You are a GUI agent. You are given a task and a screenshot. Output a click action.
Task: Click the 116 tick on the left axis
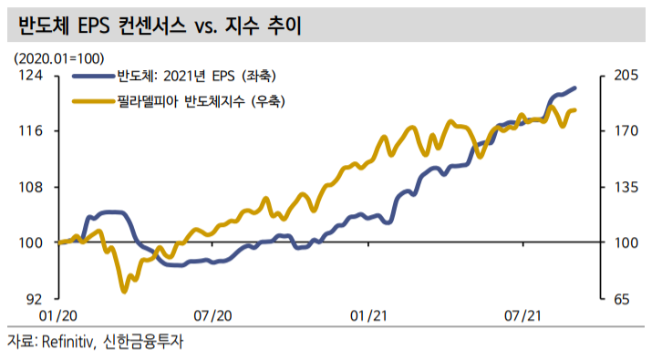33,131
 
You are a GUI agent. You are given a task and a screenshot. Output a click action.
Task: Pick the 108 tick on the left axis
33,187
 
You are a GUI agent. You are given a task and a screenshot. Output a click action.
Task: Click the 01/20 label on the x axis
58,315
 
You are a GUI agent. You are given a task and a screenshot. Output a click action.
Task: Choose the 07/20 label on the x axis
213,315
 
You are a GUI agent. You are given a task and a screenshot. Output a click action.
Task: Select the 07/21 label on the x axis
523,315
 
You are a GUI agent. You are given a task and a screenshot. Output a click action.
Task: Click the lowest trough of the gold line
125,291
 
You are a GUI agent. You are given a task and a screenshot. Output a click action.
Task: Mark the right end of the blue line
575,87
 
